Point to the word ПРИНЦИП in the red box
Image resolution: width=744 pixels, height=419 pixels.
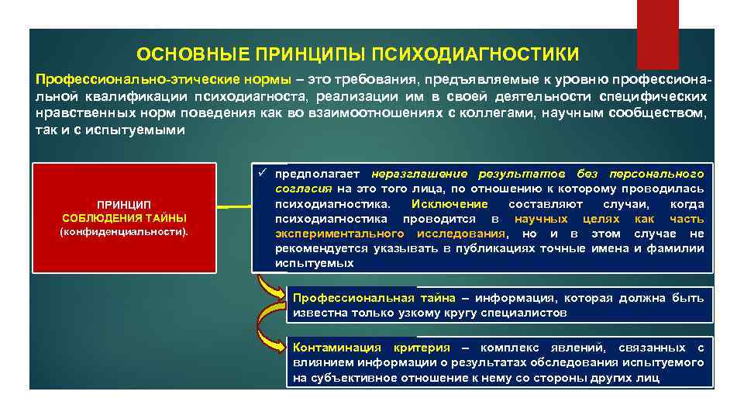(x=124, y=203)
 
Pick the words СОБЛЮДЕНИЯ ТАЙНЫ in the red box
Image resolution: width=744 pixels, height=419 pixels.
(x=124, y=217)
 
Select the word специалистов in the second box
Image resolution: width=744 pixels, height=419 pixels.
(x=529, y=313)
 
